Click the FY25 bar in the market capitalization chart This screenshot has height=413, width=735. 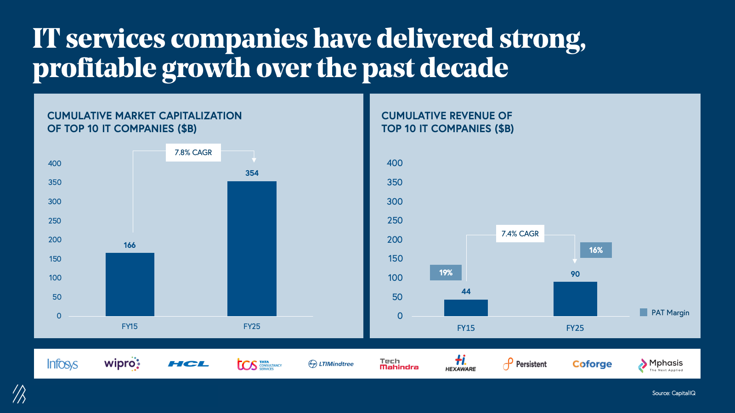pyautogui.click(x=252, y=248)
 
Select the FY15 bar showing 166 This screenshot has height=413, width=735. pyautogui.click(x=130, y=284)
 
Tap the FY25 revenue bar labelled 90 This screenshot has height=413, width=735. pyautogui.click(x=575, y=299)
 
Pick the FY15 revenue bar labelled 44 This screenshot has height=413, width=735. pyautogui.click(x=466, y=307)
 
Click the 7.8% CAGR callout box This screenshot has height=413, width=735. pyautogui.click(x=193, y=152)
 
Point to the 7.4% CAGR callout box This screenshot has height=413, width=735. pyautogui.click(x=520, y=234)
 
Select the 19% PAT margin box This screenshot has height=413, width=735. pyautogui.click(x=446, y=273)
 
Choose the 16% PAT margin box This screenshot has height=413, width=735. pyautogui.click(x=596, y=250)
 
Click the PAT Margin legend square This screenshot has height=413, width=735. pyautogui.click(x=644, y=313)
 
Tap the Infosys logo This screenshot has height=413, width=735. pyautogui.click(x=62, y=364)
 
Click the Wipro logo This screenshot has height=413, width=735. pyautogui.click(x=122, y=364)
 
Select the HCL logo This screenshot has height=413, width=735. pyautogui.click(x=188, y=364)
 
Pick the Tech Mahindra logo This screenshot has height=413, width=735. pyautogui.click(x=399, y=364)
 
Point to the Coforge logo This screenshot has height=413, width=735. pyautogui.click(x=592, y=364)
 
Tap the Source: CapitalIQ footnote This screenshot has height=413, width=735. pyautogui.click(x=673, y=393)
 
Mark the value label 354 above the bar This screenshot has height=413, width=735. pyautogui.click(x=252, y=173)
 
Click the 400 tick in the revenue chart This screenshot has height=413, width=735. pyautogui.click(x=395, y=163)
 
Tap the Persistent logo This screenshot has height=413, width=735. pyautogui.click(x=525, y=364)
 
